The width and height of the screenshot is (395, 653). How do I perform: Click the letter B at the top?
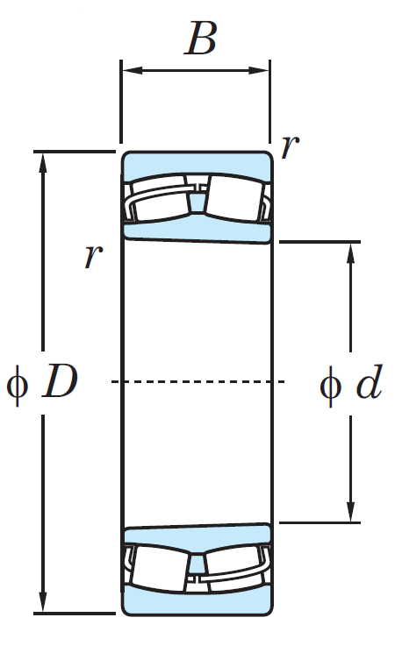[201, 39]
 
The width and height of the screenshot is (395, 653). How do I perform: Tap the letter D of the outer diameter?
[60, 381]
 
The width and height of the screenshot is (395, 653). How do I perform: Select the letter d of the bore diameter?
[370, 381]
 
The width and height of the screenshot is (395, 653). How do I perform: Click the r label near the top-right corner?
[290, 146]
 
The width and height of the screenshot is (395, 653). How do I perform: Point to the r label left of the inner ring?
[93, 256]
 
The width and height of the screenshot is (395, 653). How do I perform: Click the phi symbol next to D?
[18, 385]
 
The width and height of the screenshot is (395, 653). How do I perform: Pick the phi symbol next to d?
[330, 386]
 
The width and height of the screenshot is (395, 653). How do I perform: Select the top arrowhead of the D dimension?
[43, 163]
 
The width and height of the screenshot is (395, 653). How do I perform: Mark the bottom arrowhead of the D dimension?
[43, 601]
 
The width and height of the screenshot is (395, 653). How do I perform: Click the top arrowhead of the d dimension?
[351, 253]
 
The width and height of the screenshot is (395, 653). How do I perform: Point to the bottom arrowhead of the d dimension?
[351, 511]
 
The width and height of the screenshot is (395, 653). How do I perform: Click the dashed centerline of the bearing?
[197, 381]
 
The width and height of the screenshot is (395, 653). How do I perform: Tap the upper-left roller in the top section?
[160, 199]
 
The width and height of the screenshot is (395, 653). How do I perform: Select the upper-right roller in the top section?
[235, 198]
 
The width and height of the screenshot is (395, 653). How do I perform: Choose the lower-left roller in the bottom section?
[160, 566]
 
